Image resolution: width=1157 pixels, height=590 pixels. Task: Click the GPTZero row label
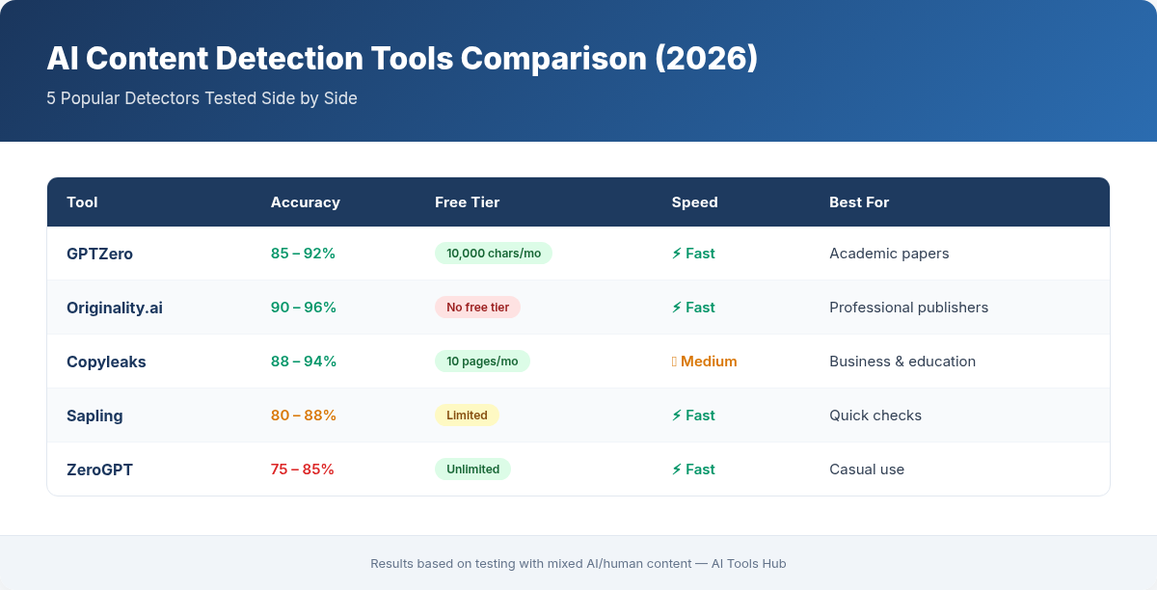pyautogui.click(x=99, y=254)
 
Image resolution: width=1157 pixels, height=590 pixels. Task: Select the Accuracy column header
pyautogui.click(x=305, y=202)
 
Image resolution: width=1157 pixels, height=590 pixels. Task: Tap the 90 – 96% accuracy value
pyautogui.click(x=303, y=308)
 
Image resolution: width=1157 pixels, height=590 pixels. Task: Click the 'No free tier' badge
pyautogui.click(x=477, y=308)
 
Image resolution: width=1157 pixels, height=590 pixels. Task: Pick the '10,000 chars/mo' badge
pyautogui.click(x=493, y=254)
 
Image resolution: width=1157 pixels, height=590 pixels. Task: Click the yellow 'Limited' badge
pyautogui.click(x=467, y=416)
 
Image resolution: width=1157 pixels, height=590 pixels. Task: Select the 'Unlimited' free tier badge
pyautogui.click(x=472, y=469)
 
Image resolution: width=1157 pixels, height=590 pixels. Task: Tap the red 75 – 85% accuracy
pyautogui.click(x=302, y=469)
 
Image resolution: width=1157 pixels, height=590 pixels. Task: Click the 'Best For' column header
pyautogui.click(x=859, y=202)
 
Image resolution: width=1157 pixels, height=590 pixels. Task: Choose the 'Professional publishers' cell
pyautogui.click(x=908, y=308)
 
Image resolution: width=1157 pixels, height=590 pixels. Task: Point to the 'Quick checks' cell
pyautogui.click(x=874, y=416)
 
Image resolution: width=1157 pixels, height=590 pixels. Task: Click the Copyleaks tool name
pyautogui.click(x=106, y=362)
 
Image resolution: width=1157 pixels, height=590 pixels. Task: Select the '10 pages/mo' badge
pyautogui.click(x=482, y=362)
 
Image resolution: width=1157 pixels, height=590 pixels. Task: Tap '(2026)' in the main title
pyautogui.click(x=706, y=59)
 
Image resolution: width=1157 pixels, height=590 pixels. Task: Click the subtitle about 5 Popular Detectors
pyautogui.click(x=202, y=98)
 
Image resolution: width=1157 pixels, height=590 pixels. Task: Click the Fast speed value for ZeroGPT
pyautogui.click(x=693, y=469)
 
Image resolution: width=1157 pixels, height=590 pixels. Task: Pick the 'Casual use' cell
pyautogui.click(x=866, y=469)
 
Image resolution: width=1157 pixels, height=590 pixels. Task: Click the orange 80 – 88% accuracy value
pyautogui.click(x=303, y=416)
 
